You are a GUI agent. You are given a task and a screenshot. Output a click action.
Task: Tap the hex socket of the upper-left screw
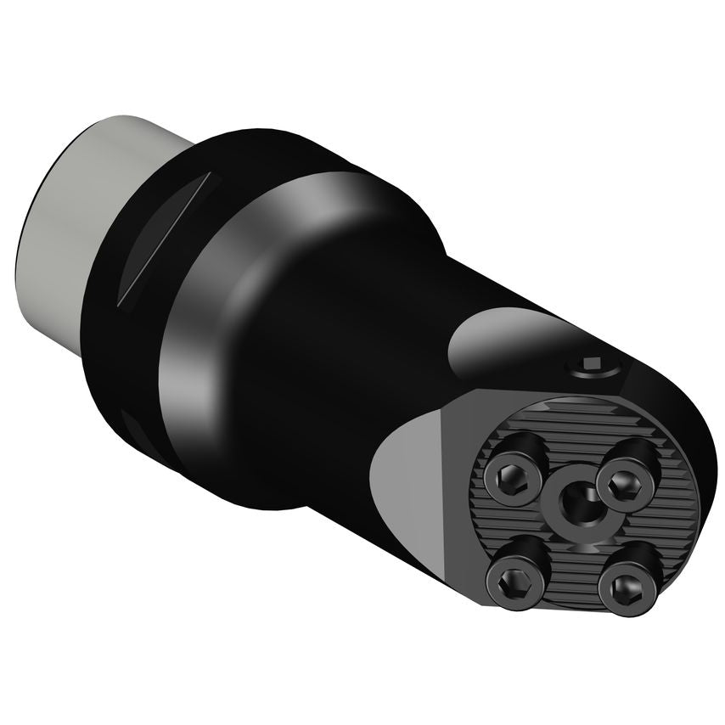coord(512,475)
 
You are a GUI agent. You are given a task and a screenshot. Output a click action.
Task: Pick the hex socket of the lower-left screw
coord(511,586)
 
